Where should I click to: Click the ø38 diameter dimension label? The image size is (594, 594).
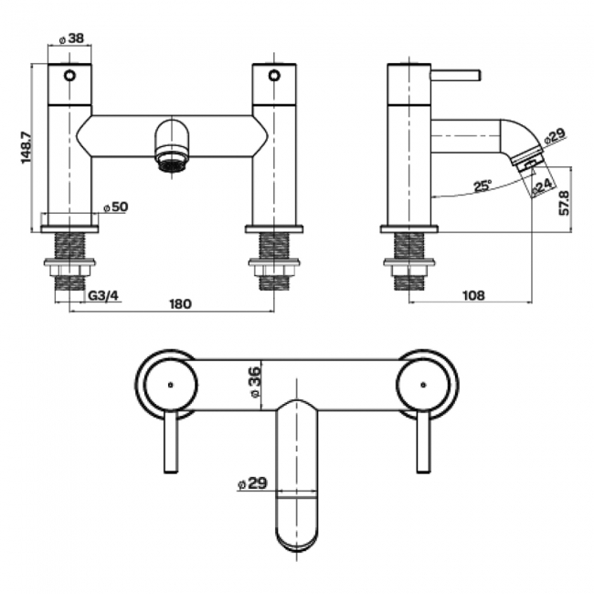[x=71, y=39]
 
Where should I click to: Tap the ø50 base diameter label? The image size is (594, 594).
[x=115, y=207]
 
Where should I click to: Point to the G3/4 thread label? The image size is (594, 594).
[x=104, y=295]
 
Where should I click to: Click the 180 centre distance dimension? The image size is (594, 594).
[x=180, y=303]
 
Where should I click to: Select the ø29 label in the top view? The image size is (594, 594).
[x=251, y=484]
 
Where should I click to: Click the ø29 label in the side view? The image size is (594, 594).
[x=555, y=135]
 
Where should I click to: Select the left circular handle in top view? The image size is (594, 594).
[x=169, y=385]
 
